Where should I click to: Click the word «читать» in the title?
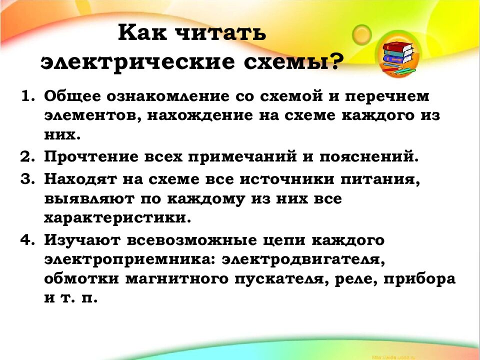[220, 35]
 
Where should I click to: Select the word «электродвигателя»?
[304, 260]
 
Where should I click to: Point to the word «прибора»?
[426, 279]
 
